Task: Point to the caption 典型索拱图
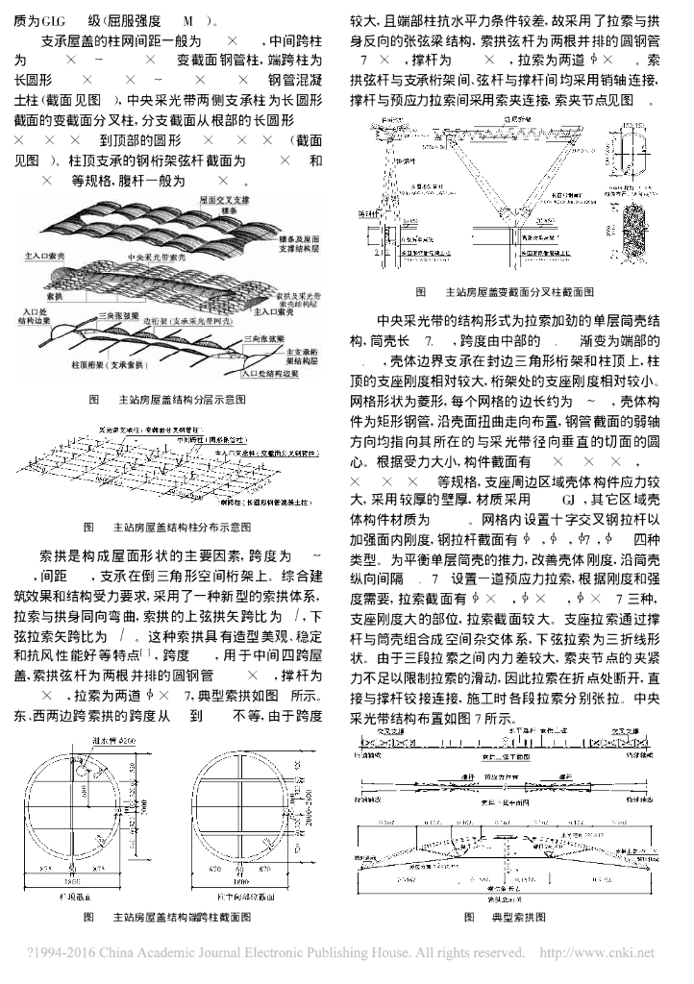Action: click(519, 918)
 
